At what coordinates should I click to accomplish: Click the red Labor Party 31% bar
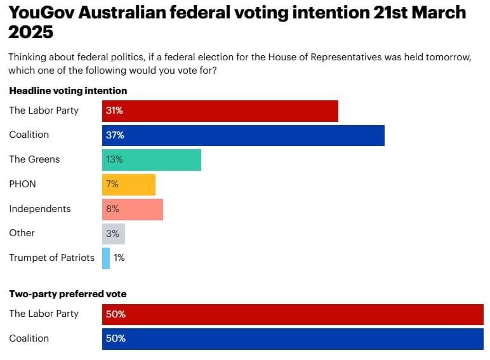(220, 110)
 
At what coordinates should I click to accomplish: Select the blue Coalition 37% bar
(243, 135)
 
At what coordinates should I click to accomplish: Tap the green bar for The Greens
(151, 159)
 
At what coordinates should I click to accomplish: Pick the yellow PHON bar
(128, 184)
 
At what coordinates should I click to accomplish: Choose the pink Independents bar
(132, 209)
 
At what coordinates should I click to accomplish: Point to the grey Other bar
(113, 233)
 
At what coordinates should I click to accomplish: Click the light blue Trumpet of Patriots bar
(106, 258)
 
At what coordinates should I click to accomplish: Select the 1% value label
(120, 258)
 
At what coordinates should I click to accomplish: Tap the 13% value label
(115, 159)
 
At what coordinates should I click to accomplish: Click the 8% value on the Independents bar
(113, 209)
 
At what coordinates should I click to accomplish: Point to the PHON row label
(22, 184)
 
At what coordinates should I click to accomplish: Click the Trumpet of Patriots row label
(51, 258)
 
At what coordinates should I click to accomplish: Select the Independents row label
(39, 209)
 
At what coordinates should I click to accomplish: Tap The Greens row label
(34, 159)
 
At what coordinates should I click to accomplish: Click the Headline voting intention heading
(68, 91)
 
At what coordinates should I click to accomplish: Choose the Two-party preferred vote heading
(67, 294)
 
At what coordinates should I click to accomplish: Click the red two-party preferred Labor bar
(293, 314)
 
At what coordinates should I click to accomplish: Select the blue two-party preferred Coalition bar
(293, 338)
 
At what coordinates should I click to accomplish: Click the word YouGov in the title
(43, 12)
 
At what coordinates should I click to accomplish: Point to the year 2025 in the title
(31, 32)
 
